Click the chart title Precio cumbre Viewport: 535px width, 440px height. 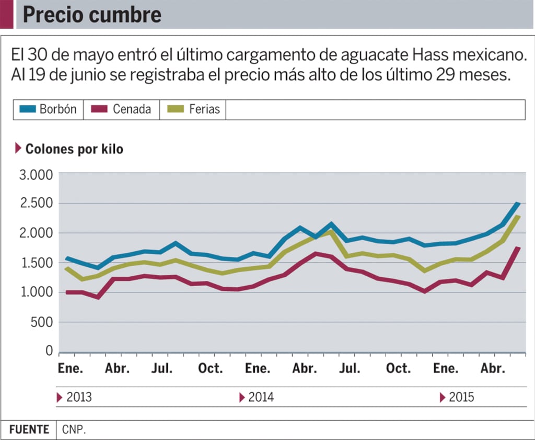(92, 15)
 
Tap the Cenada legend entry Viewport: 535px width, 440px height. (121, 109)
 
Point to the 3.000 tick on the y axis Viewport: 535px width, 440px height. (36, 175)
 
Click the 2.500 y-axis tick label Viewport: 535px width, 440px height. (36, 204)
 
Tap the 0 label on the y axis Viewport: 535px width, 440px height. (49, 351)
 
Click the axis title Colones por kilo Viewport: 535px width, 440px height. (74, 149)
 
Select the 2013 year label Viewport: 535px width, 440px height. (79, 397)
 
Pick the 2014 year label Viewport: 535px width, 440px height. (261, 397)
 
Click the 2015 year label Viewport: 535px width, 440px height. (461, 397)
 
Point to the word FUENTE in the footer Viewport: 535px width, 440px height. (29, 430)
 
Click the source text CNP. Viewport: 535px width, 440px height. (74, 430)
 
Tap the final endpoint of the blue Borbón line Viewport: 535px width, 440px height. (518, 204)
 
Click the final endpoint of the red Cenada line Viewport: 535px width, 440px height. (518, 248)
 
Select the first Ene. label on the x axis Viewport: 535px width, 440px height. (70, 368)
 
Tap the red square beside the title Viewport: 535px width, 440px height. (6, 15)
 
